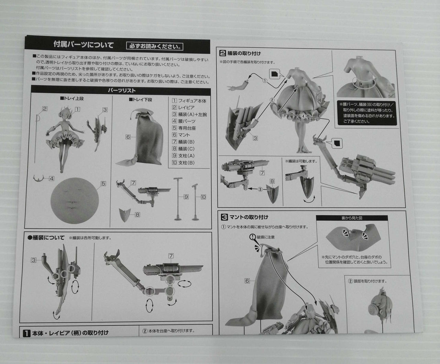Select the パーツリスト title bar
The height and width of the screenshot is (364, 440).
(121, 91)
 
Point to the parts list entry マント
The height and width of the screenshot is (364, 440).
(184, 135)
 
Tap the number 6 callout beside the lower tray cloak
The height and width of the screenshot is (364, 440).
(128, 137)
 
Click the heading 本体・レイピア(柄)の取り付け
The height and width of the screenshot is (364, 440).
(70, 332)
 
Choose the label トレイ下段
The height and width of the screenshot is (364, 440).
(140, 99)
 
